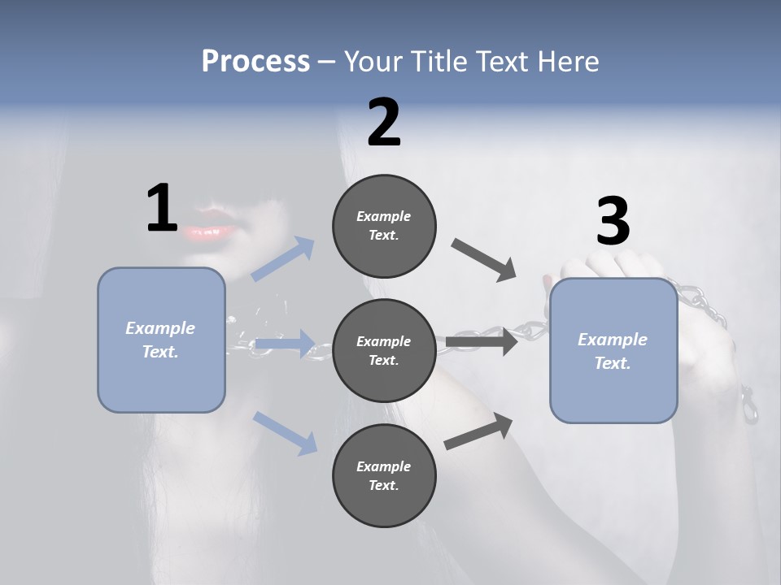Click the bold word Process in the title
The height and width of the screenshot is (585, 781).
(255, 62)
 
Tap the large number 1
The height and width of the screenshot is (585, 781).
(162, 208)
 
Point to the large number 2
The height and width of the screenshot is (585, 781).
(384, 123)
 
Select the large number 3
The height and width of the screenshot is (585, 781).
(613, 221)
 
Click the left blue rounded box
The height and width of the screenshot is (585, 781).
(161, 340)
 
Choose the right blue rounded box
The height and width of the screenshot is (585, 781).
(613, 350)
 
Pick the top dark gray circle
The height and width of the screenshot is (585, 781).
(384, 226)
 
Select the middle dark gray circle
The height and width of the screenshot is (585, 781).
(384, 350)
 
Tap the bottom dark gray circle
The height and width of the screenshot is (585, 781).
(384, 475)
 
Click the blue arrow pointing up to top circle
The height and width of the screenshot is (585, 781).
(284, 259)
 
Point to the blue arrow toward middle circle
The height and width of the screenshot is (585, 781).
(284, 344)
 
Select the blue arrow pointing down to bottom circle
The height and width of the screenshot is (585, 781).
(286, 432)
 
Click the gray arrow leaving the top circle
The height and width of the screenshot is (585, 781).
(484, 259)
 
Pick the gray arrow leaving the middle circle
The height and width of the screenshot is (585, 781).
(480, 342)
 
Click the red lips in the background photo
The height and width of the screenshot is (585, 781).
(210, 227)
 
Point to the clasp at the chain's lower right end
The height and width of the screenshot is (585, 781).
(748, 407)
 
